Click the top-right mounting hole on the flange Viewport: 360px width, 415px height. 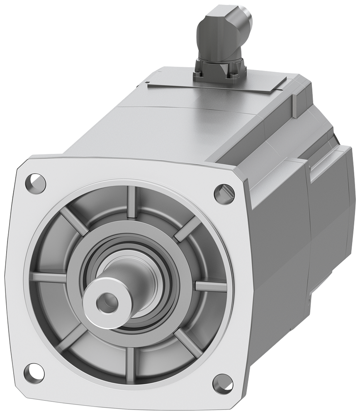[221, 191]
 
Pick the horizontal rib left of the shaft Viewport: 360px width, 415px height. [48, 277]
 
